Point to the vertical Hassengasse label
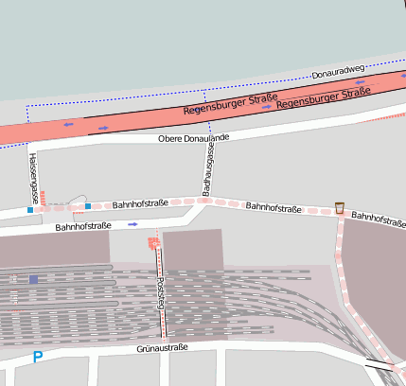pyautogui.click(x=32, y=179)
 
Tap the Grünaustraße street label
pyautogui.click(x=162, y=348)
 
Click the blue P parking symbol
pyautogui.click(x=38, y=358)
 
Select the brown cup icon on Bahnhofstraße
pyautogui.click(x=339, y=207)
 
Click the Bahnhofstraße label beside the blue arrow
pyautogui.click(x=83, y=226)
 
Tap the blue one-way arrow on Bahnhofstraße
pyautogui.click(x=132, y=224)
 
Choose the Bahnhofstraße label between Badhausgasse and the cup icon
pyautogui.click(x=274, y=206)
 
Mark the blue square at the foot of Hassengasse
pyautogui.click(x=30, y=210)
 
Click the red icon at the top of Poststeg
pyautogui.click(x=153, y=243)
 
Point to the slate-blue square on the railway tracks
pyautogui.click(x=33, y=279)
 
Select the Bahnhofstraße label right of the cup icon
pyautogui.click(x=378, y=219)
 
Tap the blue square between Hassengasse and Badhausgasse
pyautogui.click(x=88, y=205)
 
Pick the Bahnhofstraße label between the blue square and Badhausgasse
pyautogui.click(x=140, y=203)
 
